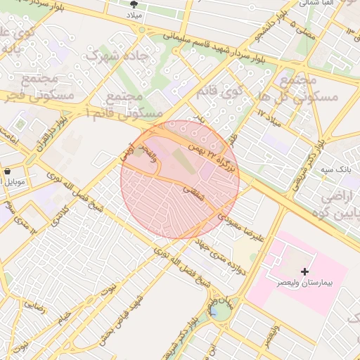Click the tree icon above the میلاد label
(153, 4)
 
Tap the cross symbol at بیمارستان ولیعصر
(304, 271)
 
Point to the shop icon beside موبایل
(7, 171)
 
